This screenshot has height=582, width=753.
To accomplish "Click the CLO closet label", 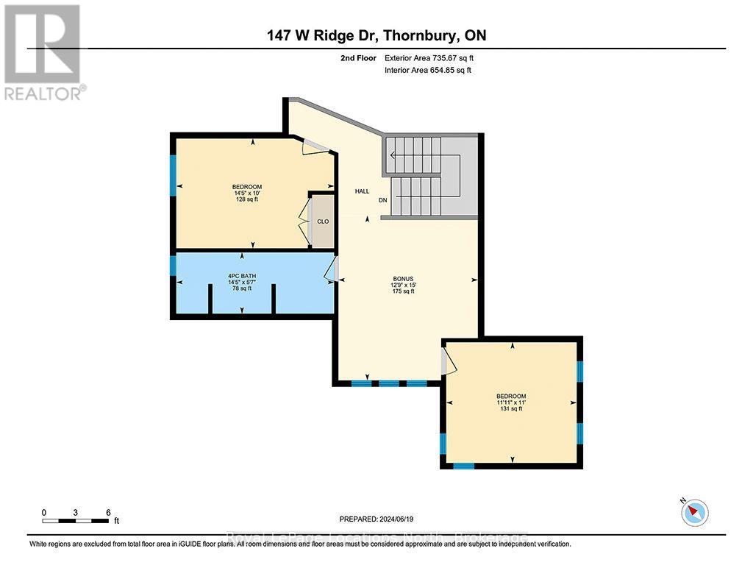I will click(322, 221).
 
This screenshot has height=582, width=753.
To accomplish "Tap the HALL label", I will click(362, 191).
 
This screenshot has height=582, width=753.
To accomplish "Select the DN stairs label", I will click(382, 200).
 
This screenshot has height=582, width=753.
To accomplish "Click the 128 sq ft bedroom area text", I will click(246, 199).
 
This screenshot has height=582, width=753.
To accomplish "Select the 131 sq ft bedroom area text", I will click(512, 409).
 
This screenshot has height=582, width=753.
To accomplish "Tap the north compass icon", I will click(694, 511).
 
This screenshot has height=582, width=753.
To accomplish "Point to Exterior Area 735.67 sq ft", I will click(435, 57).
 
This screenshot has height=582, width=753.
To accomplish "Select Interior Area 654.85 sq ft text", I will click(427, 71).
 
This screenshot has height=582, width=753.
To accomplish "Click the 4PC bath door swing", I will click(330, 271).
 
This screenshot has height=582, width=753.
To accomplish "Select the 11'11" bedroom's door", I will click(449, 361).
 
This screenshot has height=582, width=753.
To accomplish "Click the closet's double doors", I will click(303, 221).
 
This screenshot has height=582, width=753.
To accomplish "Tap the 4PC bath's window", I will click(173, 265).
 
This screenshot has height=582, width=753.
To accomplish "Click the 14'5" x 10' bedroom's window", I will click(173, 175).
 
